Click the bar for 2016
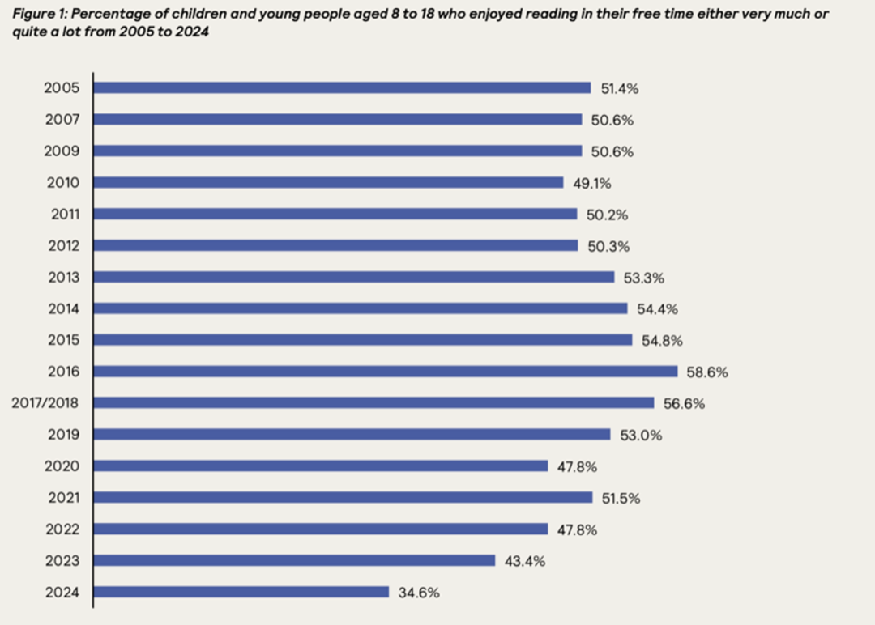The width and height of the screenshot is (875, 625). click(x=385, y=372)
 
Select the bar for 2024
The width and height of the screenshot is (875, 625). click(x=241, y=592)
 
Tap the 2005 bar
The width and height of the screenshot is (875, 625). click(x=342, y=87)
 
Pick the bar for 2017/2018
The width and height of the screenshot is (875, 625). click(x=373, y=402)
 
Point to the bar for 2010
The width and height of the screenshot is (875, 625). click(x=328, y=182)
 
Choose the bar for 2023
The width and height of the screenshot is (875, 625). click(x=294, y=560)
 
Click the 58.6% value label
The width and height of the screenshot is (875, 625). click(x=706, y=372)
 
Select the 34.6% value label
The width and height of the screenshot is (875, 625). click(x=419, y=593)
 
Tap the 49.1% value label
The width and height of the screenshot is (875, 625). click(x=592, y=183)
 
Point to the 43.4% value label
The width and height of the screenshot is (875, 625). click(x=524, y=561)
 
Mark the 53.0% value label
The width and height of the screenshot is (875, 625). click(x=640, y=435)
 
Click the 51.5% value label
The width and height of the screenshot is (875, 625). click(x=621, y=498)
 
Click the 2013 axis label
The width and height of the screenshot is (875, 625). click(x=62, y=277)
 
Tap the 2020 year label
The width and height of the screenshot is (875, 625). click(x=62, y=466)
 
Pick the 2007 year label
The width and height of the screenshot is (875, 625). click(x=62, y=119)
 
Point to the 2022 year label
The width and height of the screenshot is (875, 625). click(x=62, y=529)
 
